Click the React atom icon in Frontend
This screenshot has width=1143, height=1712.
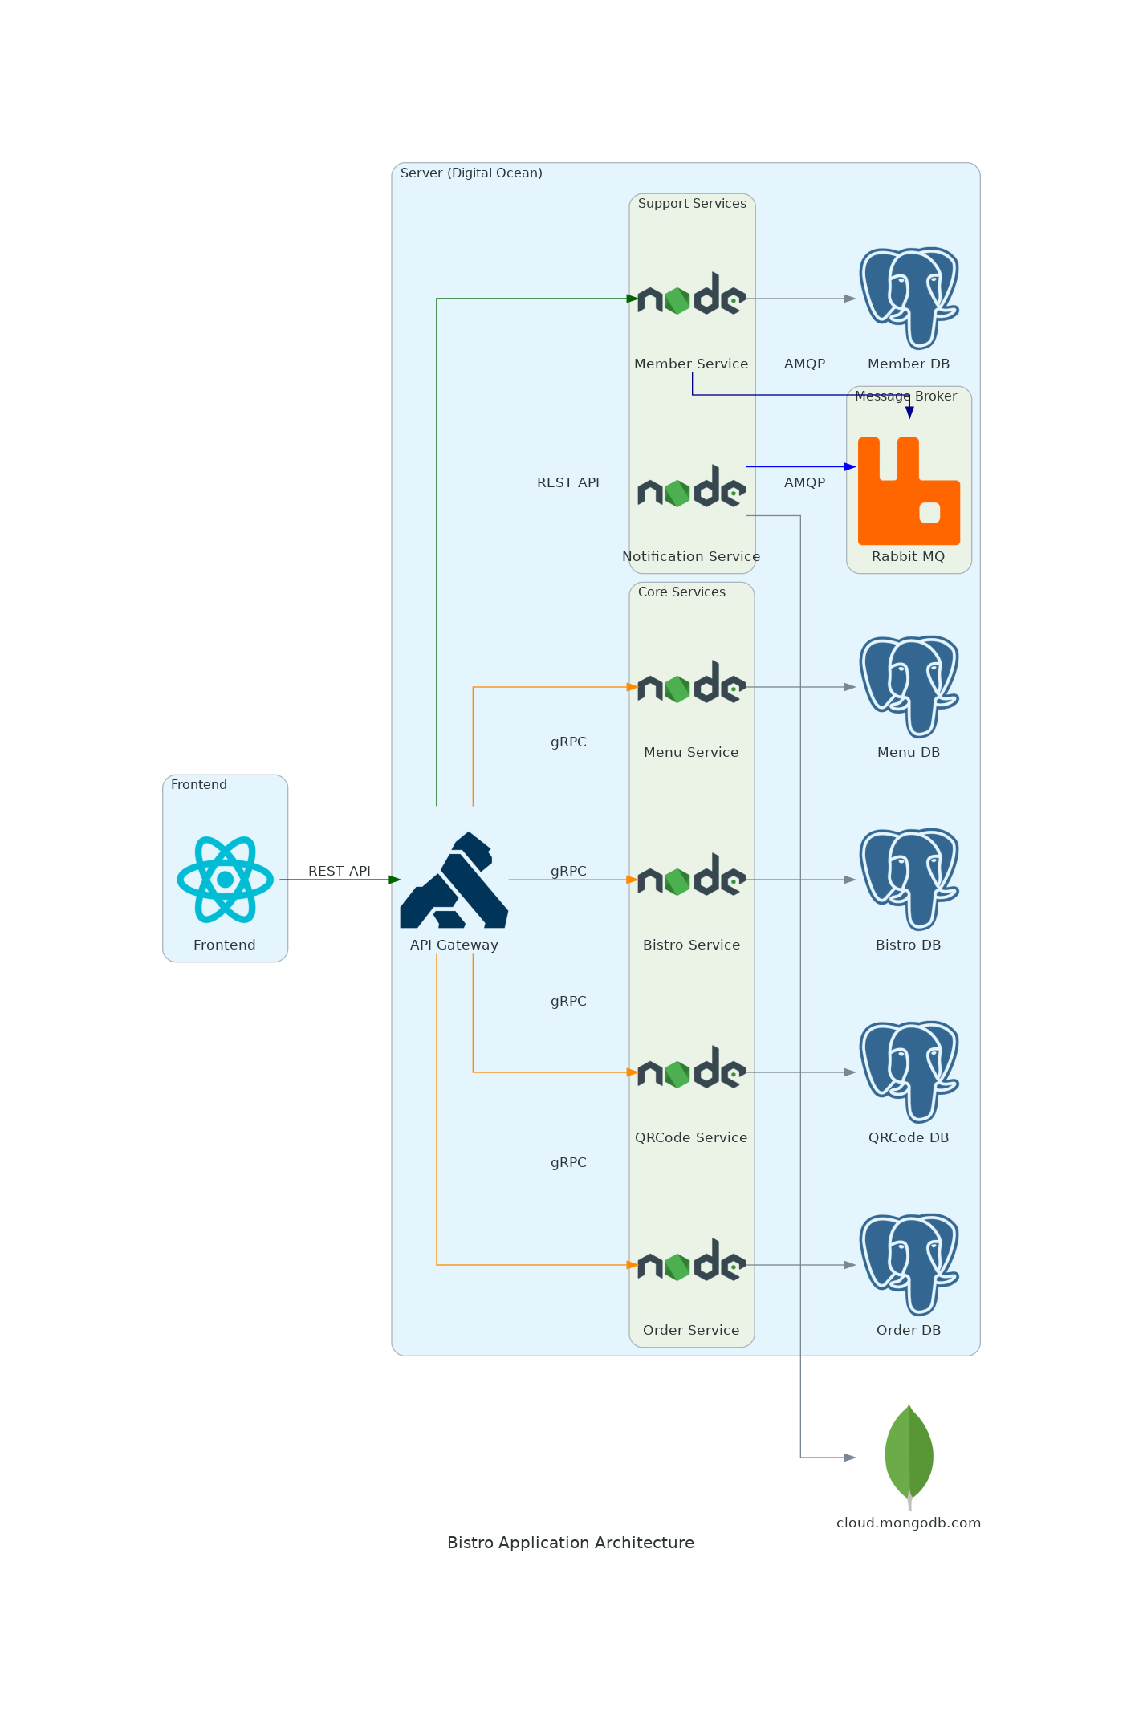click(x=225, y=879)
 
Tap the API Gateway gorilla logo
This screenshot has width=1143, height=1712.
click(x=454, y=880)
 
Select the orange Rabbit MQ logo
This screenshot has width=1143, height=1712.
click(x=909, y=490)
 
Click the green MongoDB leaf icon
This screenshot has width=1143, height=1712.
click(x=909, y=1454)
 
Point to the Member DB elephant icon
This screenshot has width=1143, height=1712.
click(x=909, y=298)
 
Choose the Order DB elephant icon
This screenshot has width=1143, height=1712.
click(x=909, y=1264)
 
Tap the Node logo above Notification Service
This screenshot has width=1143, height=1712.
click(x=691, y=487)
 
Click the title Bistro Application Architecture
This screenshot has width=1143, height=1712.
click(x=571, y=1543)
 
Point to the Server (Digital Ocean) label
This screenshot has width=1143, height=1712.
click(x=471, y=173)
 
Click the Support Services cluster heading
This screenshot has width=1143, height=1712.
click(x=692, y=204)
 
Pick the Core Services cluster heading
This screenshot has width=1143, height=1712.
click(x=681, y=592)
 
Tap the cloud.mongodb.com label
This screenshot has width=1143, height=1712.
click(x=909, y=1523)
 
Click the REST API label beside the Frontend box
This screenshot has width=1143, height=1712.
click(x=340, y=871)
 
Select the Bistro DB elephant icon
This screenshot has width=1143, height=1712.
click(x=909, y=879)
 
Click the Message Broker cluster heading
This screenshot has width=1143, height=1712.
click(x=905, y=396)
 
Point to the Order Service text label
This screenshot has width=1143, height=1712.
click(x=691, y=1330)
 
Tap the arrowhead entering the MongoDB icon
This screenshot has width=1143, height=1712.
click(x=850, y=1457)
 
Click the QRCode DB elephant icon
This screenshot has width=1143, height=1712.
click(x=909, y=1072)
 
